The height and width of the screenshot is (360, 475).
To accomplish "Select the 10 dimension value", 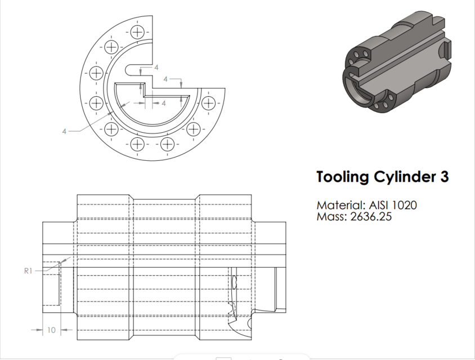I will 51,330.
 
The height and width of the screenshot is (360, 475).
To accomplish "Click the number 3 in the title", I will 443,177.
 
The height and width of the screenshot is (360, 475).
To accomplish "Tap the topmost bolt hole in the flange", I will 137,31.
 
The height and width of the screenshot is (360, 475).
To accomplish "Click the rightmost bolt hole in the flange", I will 209,103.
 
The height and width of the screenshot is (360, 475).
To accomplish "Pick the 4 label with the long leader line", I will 65,131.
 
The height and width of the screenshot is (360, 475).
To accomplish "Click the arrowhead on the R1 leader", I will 68,259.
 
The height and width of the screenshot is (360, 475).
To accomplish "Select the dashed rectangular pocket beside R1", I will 52,283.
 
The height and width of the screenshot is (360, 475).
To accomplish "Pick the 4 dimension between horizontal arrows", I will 164,103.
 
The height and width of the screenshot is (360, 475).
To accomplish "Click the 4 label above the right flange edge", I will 166,79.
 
